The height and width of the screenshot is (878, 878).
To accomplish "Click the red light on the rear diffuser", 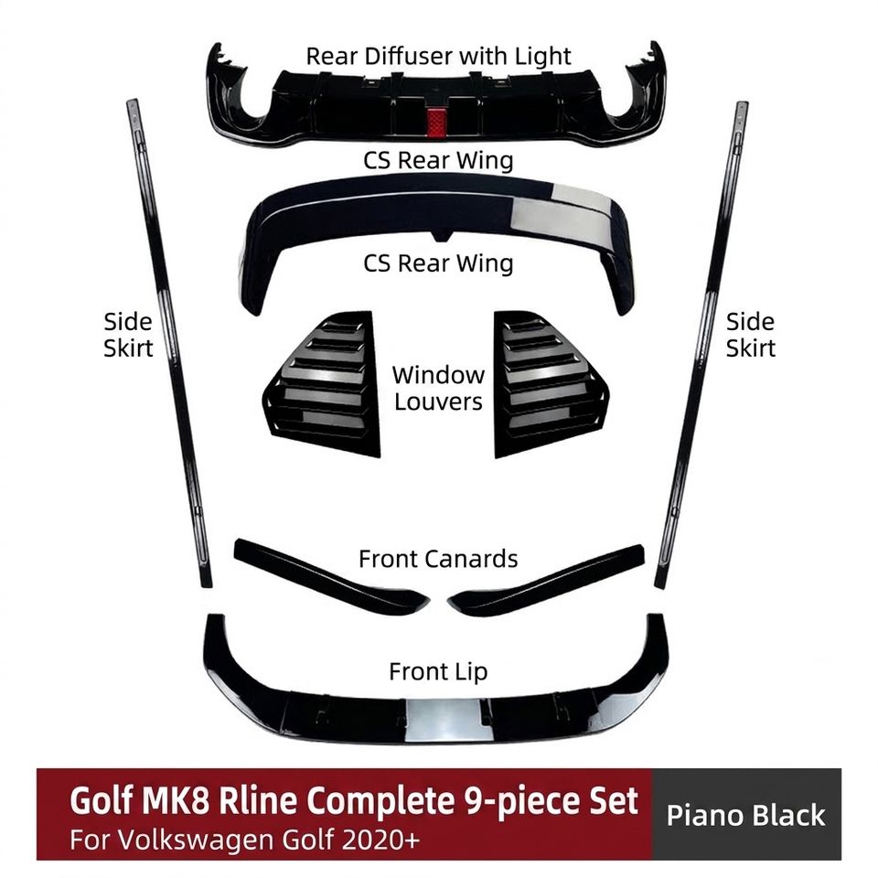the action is pos(437,122).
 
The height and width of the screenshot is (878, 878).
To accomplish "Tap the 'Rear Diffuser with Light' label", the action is pos(438,57).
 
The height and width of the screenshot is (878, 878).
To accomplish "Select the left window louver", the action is pos(322,383).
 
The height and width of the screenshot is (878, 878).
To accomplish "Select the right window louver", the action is pos(551,383).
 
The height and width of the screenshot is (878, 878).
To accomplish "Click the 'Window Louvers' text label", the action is pos(438,388).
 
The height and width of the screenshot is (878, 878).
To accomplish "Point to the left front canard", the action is pos(330,577).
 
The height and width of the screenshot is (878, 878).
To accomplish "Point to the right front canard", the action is pos(546,581).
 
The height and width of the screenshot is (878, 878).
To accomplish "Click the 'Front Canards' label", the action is pos(438,559).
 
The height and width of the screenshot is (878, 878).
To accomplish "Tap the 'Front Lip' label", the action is pos(438,671).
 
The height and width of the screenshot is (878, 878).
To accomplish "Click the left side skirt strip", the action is pos(168,343).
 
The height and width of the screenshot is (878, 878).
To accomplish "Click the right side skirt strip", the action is pos(702,345).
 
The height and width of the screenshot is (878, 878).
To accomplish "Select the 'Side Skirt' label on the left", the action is pos(128,335).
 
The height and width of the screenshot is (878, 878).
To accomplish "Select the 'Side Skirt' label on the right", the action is pos(750,335).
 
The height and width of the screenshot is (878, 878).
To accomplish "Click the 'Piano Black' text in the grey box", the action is pos(746,815).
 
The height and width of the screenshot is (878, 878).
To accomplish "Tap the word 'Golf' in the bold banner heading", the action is pos(102,801).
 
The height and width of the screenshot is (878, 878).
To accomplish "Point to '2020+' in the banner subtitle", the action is pos(385,840).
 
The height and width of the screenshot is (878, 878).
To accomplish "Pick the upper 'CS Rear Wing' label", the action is pos(438,161).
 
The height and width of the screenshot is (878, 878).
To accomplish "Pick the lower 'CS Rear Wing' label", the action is pos(438,263).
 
